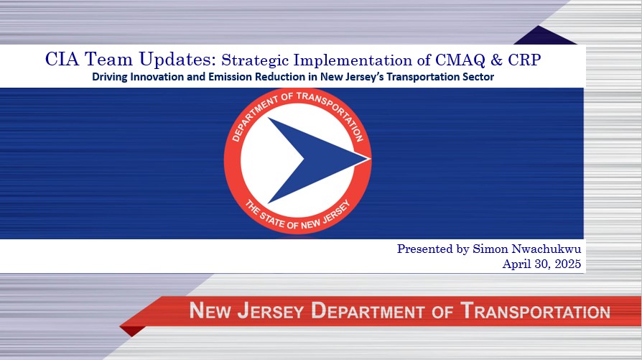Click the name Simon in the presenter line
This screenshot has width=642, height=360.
tap(490, 249)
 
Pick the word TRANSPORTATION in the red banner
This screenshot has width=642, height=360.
tap(535, 312)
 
